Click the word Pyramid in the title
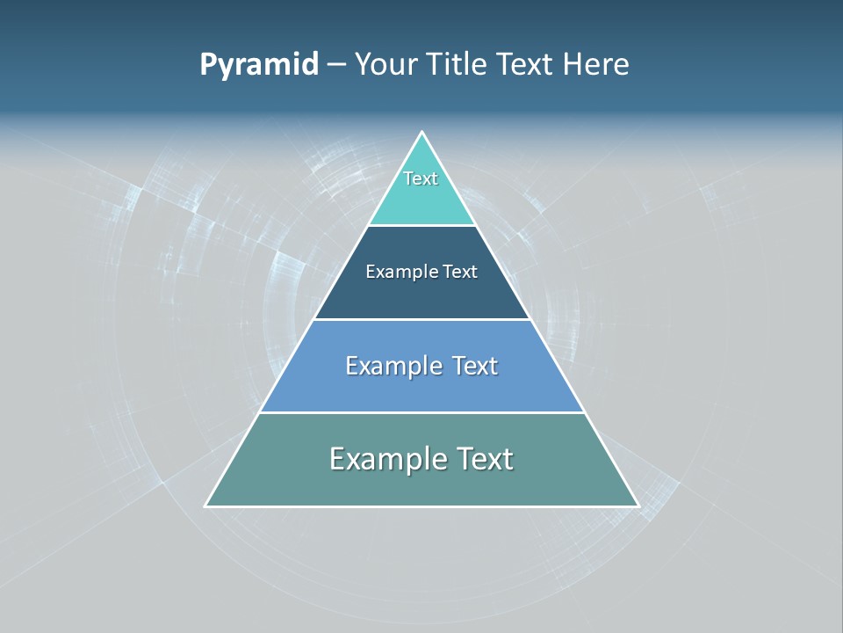[259, 65]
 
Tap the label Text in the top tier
[421, 178]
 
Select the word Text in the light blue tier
[475, 366]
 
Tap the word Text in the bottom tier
[484, 459]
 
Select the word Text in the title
[525, 65]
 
